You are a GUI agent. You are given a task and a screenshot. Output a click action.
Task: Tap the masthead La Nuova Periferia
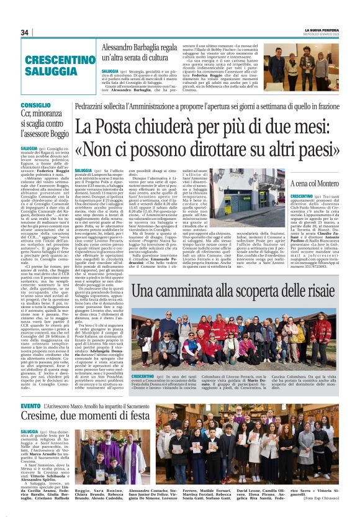coord(322,29)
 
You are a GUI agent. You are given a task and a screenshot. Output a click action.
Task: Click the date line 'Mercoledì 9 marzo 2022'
coord(322,34)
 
